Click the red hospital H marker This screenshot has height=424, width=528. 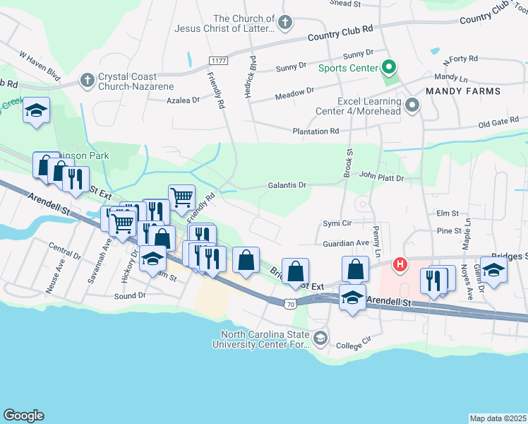tap(400, 265)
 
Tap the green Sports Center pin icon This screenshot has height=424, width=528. tap(388, 68)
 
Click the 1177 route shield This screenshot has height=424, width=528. tap(218, 61)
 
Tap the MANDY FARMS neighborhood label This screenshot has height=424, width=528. tap(462, 91)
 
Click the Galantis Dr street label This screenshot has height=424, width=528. tap(287, 185)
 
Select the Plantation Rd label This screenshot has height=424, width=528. tap(316, 131)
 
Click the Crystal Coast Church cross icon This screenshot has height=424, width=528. tap(87, 78)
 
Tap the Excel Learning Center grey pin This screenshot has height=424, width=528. tap(413, 107)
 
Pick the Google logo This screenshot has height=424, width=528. tap(23, 416)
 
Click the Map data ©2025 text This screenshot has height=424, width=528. tap(498, 418)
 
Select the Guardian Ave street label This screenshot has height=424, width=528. tap(346, 243)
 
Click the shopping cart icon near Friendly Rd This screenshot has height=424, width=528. tap(181, 196)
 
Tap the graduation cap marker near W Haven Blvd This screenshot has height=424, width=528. tap(36, 111)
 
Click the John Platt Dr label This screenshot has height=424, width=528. tap(381, 177)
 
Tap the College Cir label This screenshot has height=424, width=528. tap(354, 346)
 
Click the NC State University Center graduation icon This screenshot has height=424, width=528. tap(320, 338)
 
